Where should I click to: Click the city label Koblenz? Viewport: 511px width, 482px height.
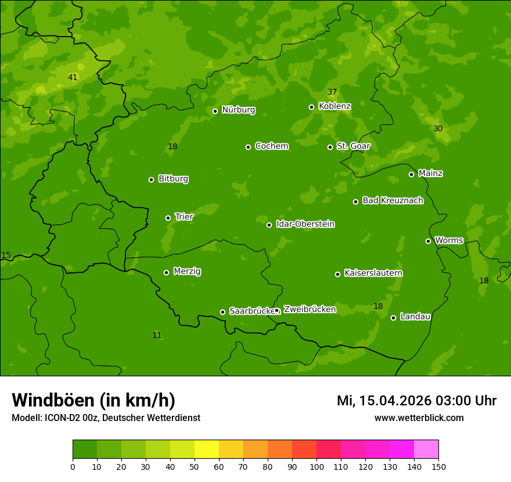click(334, 106)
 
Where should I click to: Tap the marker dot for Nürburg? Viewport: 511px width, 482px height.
click(215, 111)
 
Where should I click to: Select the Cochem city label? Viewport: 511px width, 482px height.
click(271, 146)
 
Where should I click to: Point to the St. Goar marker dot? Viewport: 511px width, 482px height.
click(330, 147)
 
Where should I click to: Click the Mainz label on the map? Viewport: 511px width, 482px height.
click(430, 174)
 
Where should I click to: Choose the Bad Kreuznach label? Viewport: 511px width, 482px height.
click(393, 200)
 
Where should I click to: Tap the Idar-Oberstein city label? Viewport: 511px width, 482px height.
click(305, 224)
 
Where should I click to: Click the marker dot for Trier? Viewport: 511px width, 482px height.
click(168, 218)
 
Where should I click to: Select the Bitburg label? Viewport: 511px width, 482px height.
click(173, 179)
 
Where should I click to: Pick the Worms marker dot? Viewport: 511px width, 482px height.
click(428, 241)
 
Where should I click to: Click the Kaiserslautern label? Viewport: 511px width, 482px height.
click(373, 273)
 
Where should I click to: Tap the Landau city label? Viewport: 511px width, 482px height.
click(415, 316)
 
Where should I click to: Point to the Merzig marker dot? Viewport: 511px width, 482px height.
click(166, 272)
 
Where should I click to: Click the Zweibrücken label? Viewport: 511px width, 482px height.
click(310, 310)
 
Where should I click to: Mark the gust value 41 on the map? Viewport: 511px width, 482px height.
click(72, 77)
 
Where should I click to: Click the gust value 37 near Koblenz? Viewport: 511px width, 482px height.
click(332, 92)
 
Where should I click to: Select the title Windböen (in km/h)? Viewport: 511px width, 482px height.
click(93, 400)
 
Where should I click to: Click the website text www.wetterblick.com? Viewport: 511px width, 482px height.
click(419, 418)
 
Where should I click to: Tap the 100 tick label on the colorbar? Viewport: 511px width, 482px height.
click(316, 466)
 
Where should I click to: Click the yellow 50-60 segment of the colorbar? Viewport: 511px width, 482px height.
click(207, 449)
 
